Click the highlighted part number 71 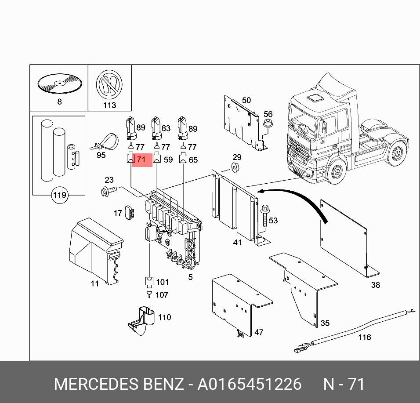[141, 160]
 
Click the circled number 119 [59, 195]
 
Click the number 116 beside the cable [364, 337]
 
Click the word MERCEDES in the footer [97, 384]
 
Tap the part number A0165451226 [250, 384]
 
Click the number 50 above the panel [246, 101]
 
